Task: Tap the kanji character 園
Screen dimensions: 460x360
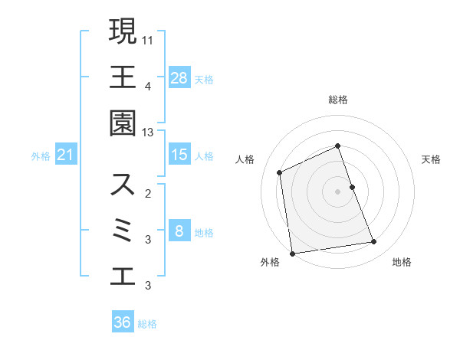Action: click(x=123, y=124)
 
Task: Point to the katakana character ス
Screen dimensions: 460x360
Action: click(x=123, y=184)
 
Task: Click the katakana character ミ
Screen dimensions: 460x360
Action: click(x=123, y=231)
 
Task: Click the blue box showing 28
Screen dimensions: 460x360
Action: click(x=179, y=77)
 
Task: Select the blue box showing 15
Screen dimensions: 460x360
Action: click(x=179, y=155)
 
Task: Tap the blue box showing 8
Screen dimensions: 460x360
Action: click(x=179, y=231)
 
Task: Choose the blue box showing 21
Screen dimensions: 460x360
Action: click(x=65, y=155)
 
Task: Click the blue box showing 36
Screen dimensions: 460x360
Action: click(x=123, y=322)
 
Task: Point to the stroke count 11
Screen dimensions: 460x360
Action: click(x=148, y=38)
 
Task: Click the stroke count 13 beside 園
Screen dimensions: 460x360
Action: click(x=148, y=133)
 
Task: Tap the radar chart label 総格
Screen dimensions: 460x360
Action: click(x=338, y=100)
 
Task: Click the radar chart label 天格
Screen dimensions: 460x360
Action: click(x=432, y=159)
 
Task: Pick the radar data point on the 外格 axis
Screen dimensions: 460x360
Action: click(x=292, y=254)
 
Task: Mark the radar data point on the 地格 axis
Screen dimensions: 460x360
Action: click(x=374, y=242)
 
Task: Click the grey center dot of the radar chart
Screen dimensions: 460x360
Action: click(x=338, y=191)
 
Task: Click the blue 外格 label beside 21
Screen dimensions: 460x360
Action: click(x=41, y=156)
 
